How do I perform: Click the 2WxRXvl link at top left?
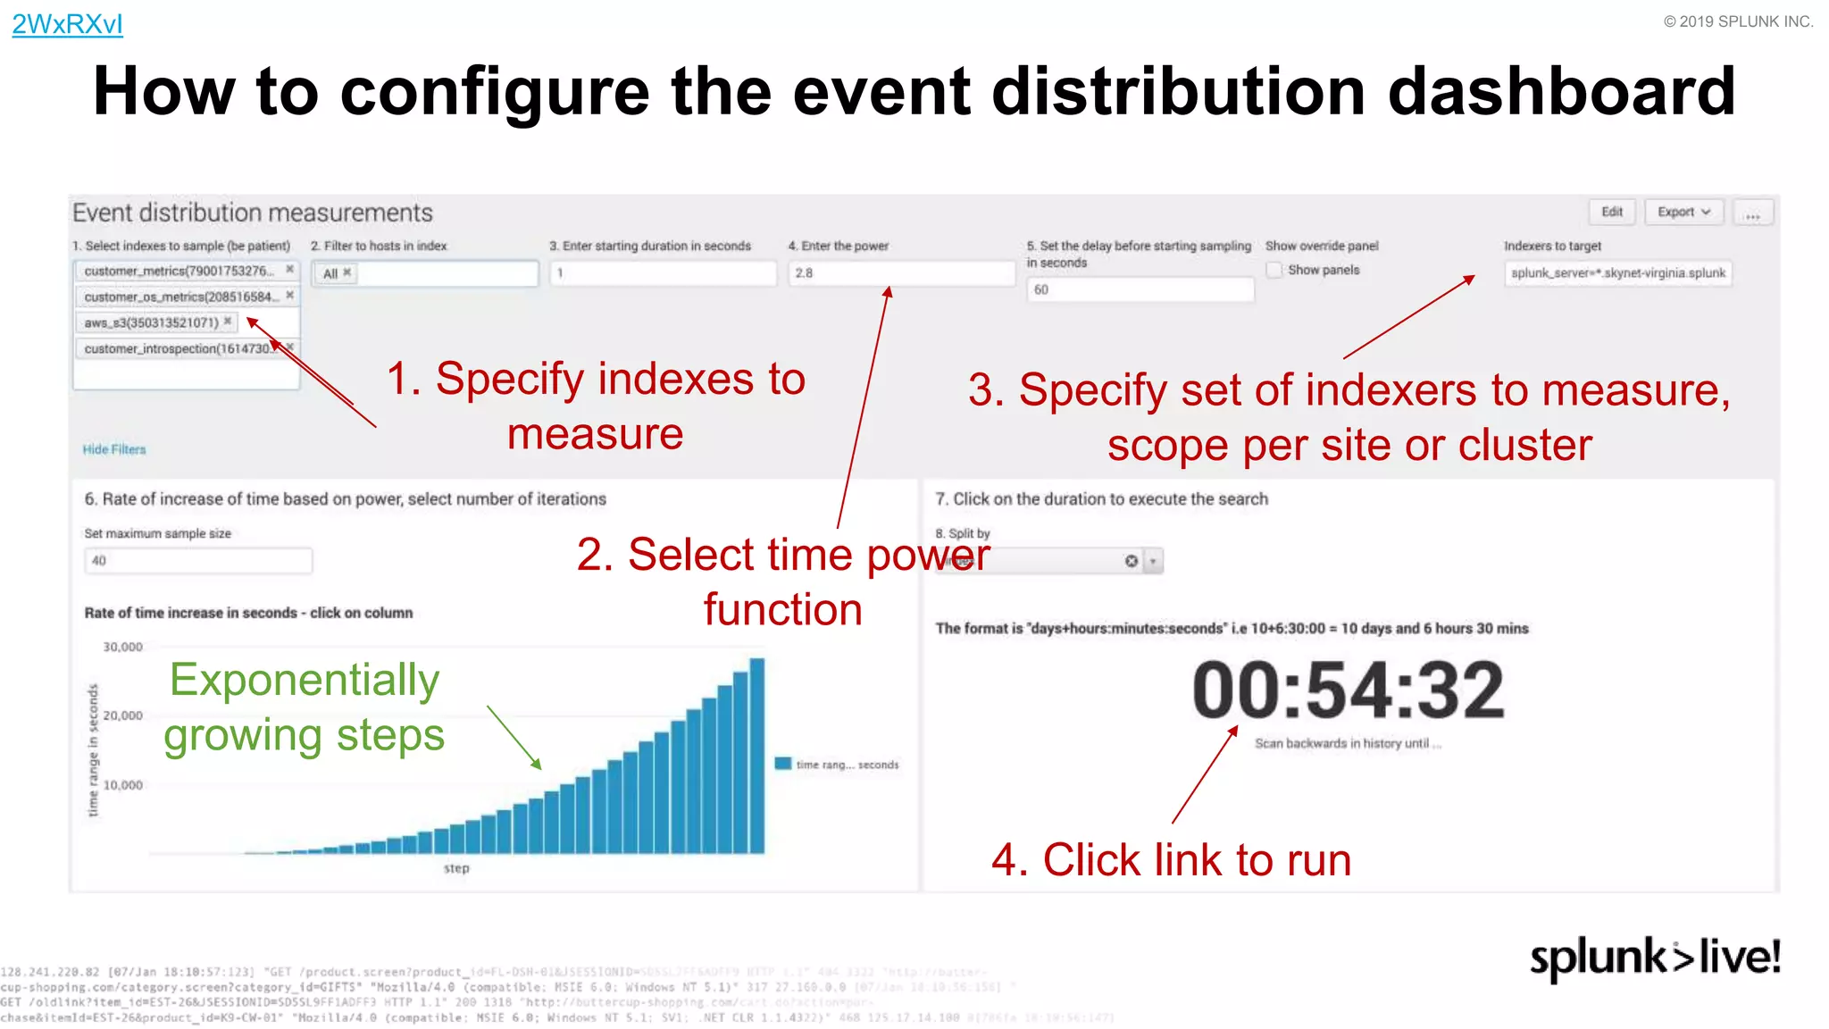pyautogui.click(x=67, y=24)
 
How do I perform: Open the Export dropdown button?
pyautogui.click(x=1683, y=212)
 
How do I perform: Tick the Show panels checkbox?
pyautogui.click(x=1274, y=270)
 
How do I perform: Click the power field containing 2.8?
pyautogui.click(x=900, y=273)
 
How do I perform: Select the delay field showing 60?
pyautogui.click(x=1140, y=289)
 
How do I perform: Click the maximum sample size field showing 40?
pyautogui.click(x=198, y=561)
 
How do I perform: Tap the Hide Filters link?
pyautogui.click(x=114, y=449)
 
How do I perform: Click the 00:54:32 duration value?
pyautogui.click(x=1348, y=690)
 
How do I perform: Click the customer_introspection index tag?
pyautogui.click(x=179, y=348)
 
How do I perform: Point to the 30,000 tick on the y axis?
pyautogui.click(x=123, y=647)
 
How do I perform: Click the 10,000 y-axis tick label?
pyautogui.click(x=123, y=785)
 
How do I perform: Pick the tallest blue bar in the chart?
pyautogui.click(x=757, y=756)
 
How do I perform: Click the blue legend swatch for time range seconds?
pyautogui.click(x=783, y=764)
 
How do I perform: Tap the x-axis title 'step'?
pyautogui.click(x=456, y=868)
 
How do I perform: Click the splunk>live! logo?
pyautogui.click(x=1655, y=958)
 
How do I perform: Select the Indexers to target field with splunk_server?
pyautogui.click(x=1617, y=273)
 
